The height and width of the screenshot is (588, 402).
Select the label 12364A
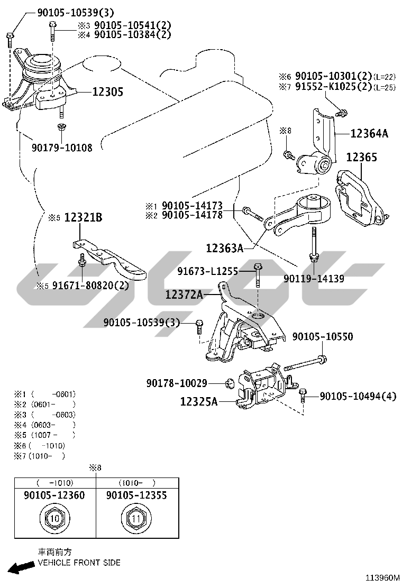click(x=369, y=134)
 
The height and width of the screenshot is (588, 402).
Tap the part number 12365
click(x=362, y=157)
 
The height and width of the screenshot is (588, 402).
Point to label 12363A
click(x=225, y=247)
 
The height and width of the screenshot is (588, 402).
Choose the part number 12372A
click(x=184, y=295)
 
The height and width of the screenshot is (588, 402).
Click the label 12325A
click(x=199, y=402)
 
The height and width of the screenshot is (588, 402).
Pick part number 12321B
click(x=83, y=217)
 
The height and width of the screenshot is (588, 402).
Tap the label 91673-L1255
click(x=207, y=271)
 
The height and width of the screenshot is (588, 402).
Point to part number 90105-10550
click(x=323, y=337)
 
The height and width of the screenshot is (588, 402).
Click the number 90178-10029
click(x=177, y=382)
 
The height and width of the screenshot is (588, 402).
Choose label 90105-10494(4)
click(x=358, y=396)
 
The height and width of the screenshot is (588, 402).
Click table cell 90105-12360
click(x=54, y=495)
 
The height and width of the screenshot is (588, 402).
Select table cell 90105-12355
click(x=136, y=495)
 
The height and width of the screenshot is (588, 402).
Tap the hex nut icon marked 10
click(x=54, y=518)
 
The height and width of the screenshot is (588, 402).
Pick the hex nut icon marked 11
click(x=136, y=518)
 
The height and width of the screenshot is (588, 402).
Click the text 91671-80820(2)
click(x=89, y=286)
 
